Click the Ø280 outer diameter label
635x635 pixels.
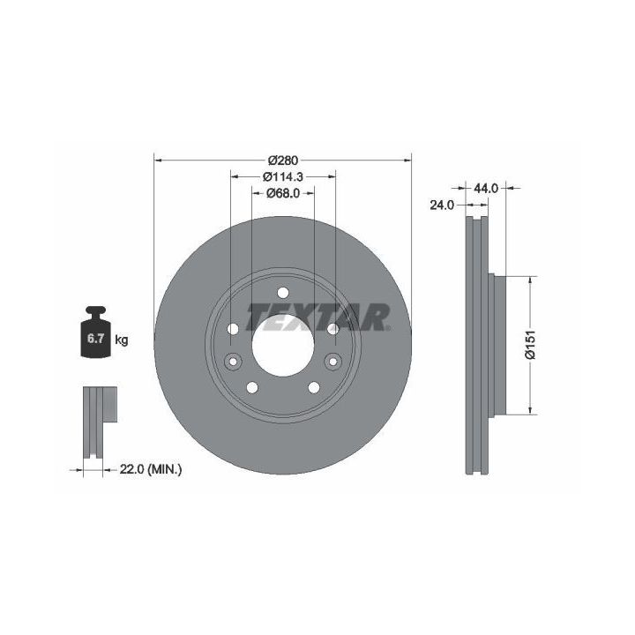[283, 161]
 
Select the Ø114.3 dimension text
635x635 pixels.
[283, 176]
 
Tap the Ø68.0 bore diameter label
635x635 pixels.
[283, 193]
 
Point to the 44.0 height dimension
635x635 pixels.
[486, 188]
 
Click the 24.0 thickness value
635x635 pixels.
[442, 205]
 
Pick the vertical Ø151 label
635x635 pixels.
[530, 345]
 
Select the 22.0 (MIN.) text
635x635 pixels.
[151, 469]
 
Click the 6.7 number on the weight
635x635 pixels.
[96, 339]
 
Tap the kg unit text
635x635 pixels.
[122, 340]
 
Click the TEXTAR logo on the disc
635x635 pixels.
[318, 317]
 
